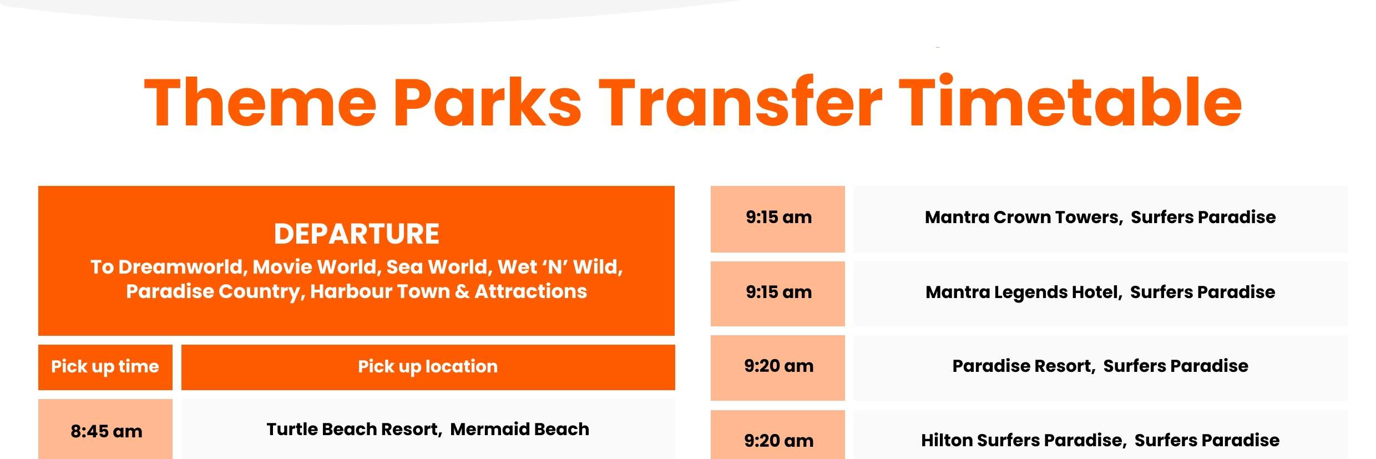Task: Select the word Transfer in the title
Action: [740, 103]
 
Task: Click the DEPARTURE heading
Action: [356, 234]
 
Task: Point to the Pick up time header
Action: [105, 366]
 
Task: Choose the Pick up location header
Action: [428, 366]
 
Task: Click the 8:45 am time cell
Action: [106, 431]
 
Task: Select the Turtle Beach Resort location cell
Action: [428, 429]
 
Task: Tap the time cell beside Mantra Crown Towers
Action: [778, 217]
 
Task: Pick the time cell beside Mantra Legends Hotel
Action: [778, 292]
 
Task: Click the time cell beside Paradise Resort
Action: [778, 366]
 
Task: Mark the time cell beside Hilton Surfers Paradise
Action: [778, 440]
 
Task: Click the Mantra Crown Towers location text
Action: [1100, 217]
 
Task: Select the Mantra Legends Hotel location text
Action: [1100, 292]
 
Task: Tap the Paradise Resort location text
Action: [1100, 366]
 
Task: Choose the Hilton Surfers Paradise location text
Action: [1100, 440]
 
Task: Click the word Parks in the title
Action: [487, 103]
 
